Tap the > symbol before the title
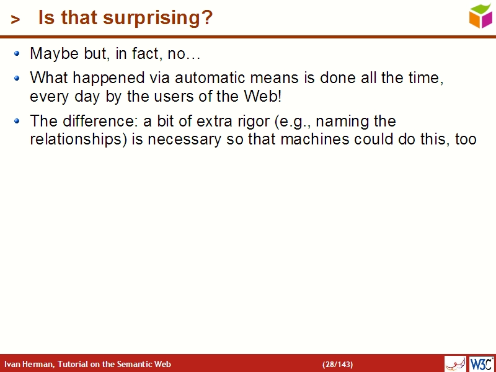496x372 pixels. pos(15,20)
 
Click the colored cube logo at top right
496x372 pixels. pos(480,15)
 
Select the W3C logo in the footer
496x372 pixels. pos(482,364)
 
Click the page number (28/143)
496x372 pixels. pos(337,364)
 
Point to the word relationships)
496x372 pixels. pos(78,139)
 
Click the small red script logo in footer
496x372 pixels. pos(455,364)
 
